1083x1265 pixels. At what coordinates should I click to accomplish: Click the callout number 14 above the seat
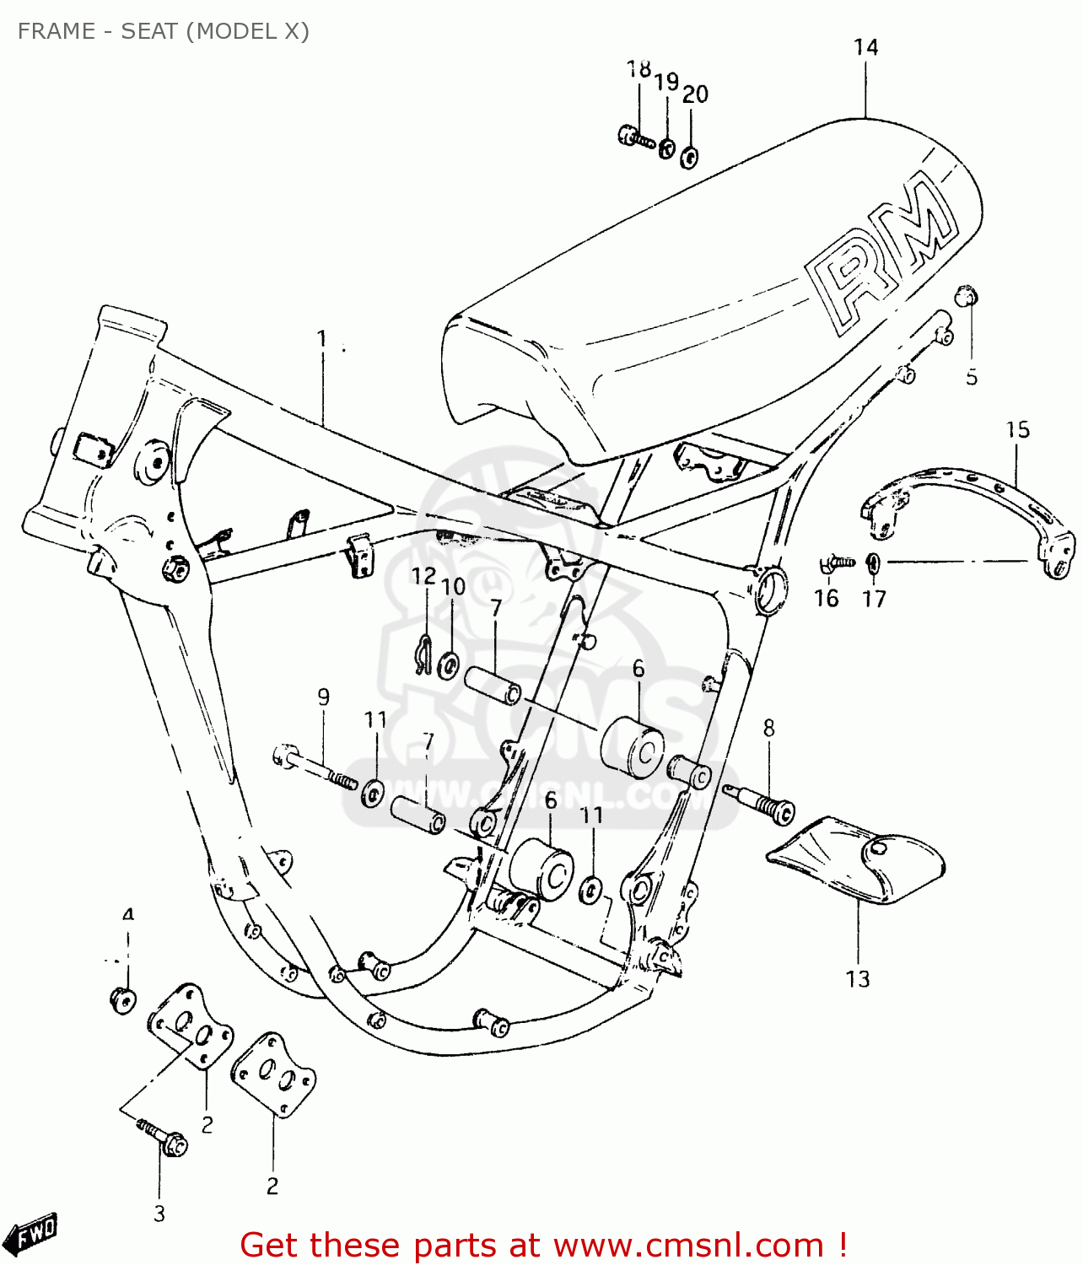point(865,47)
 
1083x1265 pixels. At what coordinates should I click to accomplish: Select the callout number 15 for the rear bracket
point(1017,430)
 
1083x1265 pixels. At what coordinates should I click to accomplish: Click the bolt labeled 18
point(635,138)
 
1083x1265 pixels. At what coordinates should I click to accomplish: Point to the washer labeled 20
point(689,157)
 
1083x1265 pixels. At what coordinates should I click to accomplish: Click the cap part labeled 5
point(966,297)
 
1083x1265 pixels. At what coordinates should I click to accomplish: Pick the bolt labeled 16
point(835,563)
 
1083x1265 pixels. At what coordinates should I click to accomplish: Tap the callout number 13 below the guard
point(857,979)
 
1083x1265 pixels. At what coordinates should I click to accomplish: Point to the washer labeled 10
point(450,664)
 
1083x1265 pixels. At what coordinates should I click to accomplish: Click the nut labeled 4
point(123,999)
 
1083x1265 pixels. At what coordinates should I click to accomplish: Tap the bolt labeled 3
point(165,1138)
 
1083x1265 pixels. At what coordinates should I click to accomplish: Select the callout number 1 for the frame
point(321,339)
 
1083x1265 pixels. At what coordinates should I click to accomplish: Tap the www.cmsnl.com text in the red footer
point(687,1246)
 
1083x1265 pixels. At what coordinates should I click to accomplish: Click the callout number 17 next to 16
point(874,599)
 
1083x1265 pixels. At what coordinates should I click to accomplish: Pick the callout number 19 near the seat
point(666,82)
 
